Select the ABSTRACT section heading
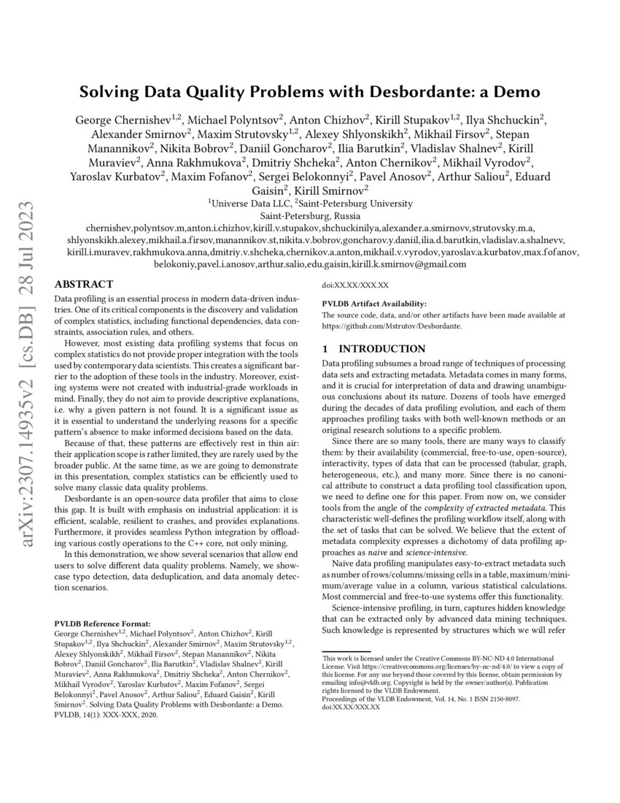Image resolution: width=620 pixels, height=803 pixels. coord(84,284)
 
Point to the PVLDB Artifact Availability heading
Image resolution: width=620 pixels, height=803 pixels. coord(374,304)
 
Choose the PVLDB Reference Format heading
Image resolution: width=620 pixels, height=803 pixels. coord(103,624)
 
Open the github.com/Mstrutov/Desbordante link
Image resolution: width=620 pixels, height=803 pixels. coord(392,326)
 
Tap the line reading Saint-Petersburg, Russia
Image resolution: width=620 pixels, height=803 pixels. coord(309,216)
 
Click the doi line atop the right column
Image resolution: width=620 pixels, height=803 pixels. coord(355,285)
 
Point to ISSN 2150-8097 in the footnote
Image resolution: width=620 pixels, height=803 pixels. coord(516,699)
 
